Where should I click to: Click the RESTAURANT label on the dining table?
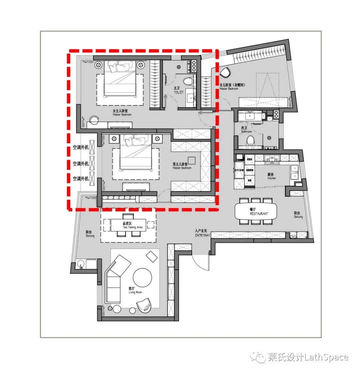pyautogui.click(x=259, y=214)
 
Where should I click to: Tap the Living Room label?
pyautogui.click(x=135, y=290)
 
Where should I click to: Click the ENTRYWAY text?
pyautogui.click(x=203, y=235)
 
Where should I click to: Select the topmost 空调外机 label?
pyautogui.click(x=81, y=147)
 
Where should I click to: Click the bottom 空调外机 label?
pyautogui.click(x=81, y=179)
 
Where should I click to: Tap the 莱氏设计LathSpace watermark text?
pyautogui.click(x=308, y=358)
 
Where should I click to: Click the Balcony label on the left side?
pyautogui.click(x=89, y=234)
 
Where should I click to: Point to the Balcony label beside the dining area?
pyautogui.click(x=298, y=215)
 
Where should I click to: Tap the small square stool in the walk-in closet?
pyautogui.click(x=191, y=160)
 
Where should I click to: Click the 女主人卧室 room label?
pyautogui.click(x=122, y=113)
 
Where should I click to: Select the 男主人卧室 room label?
pyautogui.click(x=182, y=166)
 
